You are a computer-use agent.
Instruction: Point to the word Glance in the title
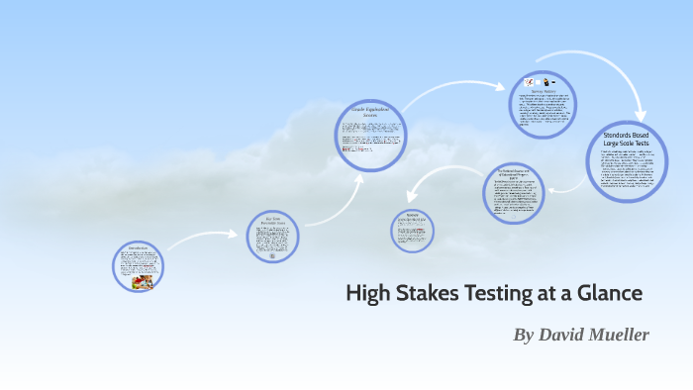pyautogui.click(x=610, y=294)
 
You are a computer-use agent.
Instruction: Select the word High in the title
pyautogui.click(x=367, y=294)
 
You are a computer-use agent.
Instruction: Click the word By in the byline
pyautogui.click(x=523, y=335)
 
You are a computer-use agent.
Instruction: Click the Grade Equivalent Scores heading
pyautogui.click(x=371, y=111)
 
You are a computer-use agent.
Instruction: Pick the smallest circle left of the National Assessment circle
pyautogui.click(x=411, y=230)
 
